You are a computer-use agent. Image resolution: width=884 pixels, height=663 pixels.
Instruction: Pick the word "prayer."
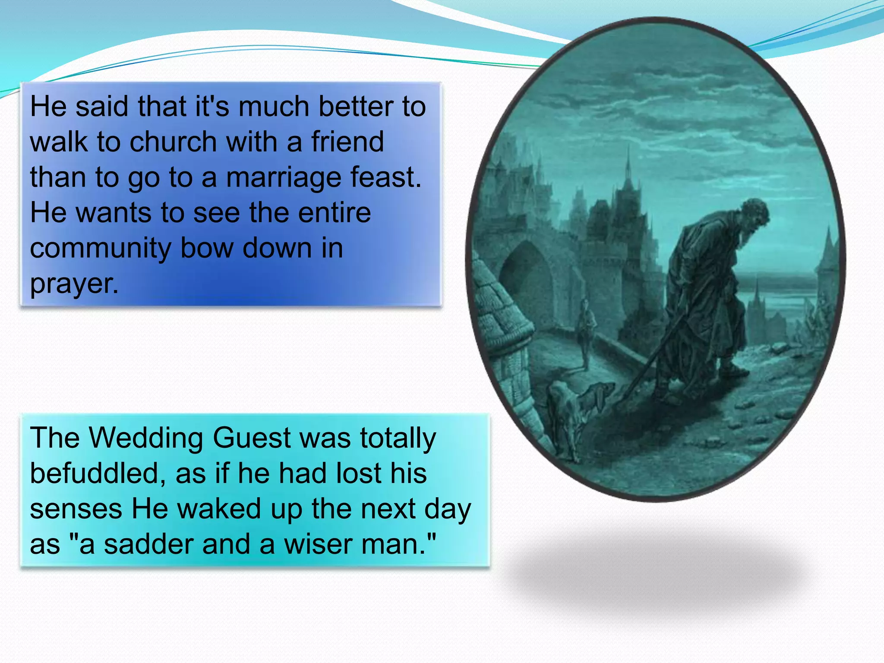74,284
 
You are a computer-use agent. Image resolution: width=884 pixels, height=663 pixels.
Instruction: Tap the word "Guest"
252,438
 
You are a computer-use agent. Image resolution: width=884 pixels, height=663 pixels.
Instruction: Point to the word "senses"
76,509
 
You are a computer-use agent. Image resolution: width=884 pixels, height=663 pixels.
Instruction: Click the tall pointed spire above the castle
628,164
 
